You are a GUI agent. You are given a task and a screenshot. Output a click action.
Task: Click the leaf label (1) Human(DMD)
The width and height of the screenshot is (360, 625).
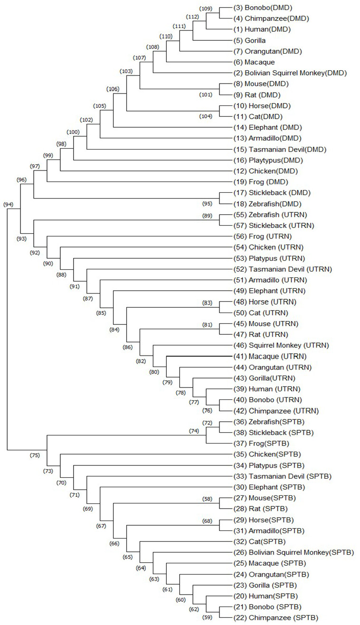pyautogui.click(x=262, y=29)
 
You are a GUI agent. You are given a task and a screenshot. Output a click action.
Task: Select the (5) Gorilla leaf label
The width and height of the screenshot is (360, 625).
pyautogui.click(x=249, y=40)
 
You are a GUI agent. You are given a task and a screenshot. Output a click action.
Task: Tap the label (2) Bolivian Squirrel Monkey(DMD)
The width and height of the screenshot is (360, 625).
pyautogui.click(x=290, y=73)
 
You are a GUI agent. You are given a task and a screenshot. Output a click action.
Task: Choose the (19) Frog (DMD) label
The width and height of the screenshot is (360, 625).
pyautogui.click(x=261, y=182)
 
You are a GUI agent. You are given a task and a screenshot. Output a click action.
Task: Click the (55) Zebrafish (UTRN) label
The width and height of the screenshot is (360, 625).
pyautogui.click(x=270, y=215)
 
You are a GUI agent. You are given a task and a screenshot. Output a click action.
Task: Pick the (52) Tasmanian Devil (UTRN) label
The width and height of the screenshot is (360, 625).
pyautogui.click(x=283, y=269)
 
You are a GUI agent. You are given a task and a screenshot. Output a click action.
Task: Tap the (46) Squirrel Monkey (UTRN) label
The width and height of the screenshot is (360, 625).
pyautogui.click(x=281, y=345)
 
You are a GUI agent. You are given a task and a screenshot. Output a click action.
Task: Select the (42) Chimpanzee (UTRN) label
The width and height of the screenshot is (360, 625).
pyautogui.click(x=276, y=411)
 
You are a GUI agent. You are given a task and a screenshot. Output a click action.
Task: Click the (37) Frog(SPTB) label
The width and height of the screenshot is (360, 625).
pyautogui.click(x=261, y=444)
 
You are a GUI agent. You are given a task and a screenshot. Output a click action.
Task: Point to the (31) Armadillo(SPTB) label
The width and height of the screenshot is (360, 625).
pyautogui.click(x=269, y=530)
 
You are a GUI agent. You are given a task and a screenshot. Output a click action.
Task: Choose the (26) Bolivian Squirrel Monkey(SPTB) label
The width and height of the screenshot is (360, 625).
pyautogui.click(x=294, y=552)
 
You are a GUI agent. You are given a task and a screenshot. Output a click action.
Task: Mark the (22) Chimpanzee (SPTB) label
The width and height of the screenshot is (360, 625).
pyautogui.click(x=276, y=618)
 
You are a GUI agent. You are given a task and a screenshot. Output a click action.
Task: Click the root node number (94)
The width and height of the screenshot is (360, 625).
pyautogui.click(x=9, y=205)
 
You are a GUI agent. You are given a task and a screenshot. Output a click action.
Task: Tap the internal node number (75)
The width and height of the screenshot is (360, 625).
pyautogui.click(x=35, y=455)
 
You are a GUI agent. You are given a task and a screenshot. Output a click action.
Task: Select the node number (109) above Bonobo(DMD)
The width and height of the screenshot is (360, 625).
pyautogui.click(x=206, y=9)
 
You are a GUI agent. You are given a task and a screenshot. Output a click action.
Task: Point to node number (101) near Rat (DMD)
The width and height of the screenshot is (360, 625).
pyautogui.click(x=206, y=95)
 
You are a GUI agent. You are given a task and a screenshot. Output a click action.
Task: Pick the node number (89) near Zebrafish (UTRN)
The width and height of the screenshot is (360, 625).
pyautogui.click(x=208, y=216)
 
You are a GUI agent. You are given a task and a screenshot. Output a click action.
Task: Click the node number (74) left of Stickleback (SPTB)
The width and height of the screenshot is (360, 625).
pyautogui.click(x=194, y=431)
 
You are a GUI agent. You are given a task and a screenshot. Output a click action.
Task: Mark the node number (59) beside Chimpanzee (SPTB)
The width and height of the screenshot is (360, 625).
pyautogui.click(x=208, y=617)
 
